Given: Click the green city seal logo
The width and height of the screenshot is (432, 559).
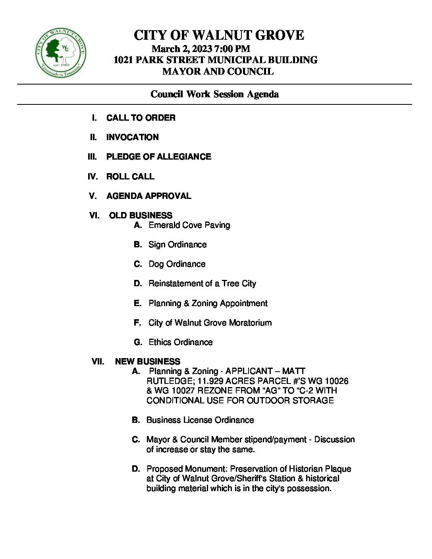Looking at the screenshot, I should click(60, 53).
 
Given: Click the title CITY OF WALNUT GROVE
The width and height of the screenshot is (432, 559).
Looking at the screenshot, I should click(219, 35).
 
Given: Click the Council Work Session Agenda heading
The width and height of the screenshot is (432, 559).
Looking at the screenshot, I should click(214, 94).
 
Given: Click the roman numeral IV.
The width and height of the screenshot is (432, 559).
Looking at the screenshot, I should click(93, 176).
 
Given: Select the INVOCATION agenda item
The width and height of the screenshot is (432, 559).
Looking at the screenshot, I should click(132, 137).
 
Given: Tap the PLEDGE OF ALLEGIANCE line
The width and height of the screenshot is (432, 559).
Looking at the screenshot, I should click(158, 156).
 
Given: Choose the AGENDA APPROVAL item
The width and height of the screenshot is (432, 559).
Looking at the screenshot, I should click(148, 196).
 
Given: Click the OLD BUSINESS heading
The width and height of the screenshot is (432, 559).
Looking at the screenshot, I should click(141, 215).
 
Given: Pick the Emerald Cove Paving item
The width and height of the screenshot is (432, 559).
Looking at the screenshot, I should click(189, 225).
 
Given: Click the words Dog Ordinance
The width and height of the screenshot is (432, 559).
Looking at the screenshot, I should click(177, 264).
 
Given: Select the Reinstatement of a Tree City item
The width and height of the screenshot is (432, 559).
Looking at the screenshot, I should click(202, 283).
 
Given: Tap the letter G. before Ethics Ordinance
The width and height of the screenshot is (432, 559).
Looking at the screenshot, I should click(138, 342).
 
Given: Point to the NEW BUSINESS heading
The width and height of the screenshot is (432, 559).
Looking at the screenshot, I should click(147, 361).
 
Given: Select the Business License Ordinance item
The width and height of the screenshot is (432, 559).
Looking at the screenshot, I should click(200, 420).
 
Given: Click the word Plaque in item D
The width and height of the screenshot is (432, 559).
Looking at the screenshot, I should click(338, 468).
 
